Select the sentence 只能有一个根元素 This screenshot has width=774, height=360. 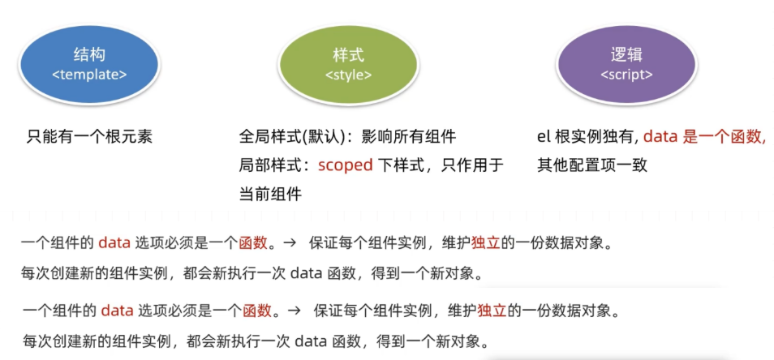click(89, 137)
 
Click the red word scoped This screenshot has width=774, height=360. click(345, 165)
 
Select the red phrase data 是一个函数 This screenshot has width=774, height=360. click(704, 137)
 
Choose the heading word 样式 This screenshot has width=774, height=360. click(348, 55)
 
